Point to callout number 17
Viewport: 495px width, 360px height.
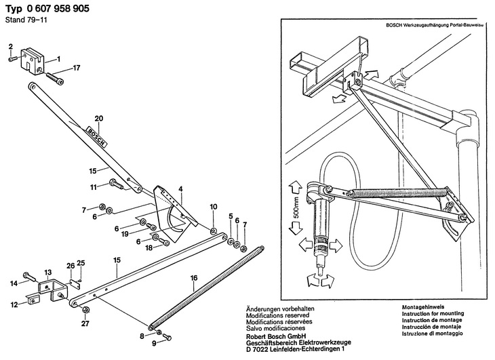77,67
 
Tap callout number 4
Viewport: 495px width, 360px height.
180,188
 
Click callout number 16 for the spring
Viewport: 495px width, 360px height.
194,278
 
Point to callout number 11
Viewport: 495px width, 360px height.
94,186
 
